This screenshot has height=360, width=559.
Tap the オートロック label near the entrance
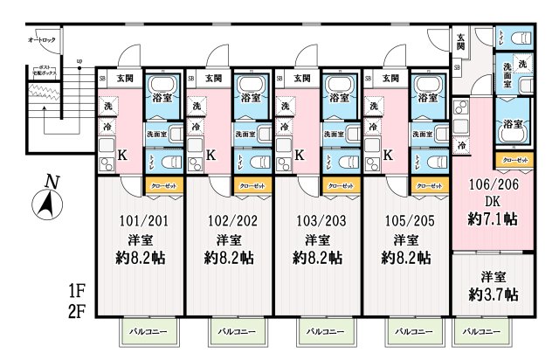point(42,40)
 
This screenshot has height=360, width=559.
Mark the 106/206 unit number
point(493,187)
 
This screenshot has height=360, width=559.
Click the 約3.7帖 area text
point(493,294)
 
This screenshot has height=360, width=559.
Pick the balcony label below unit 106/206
point(481,332)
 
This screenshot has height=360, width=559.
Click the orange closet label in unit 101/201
point(162,186)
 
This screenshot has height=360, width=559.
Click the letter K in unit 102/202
point(212,156)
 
